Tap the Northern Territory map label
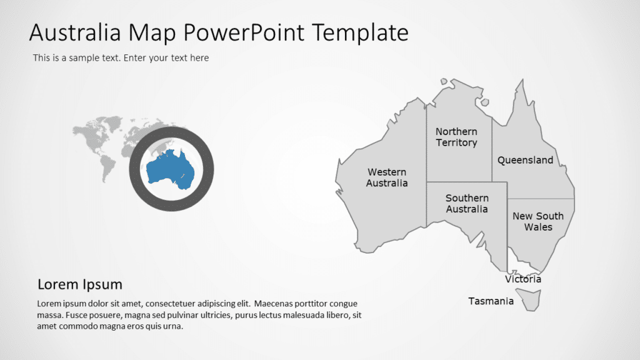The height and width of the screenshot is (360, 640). [x=456, y=137]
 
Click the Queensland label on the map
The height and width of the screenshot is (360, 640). [x=525, y=160]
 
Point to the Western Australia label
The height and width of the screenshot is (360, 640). [x=386, y=177]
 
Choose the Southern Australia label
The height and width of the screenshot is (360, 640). [x=467, y=204]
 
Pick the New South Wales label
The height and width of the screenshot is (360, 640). [x=537, y=221]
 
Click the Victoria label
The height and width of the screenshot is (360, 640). [x=523, y=279]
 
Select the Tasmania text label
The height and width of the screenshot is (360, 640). [x=491, y=301]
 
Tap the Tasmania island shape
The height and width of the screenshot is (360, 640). [x=532, y=301]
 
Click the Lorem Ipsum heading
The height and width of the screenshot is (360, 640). [x=80, y=284]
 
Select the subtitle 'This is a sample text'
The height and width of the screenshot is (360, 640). [x=121, y=58]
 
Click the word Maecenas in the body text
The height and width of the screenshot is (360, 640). [x=275, y=304]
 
